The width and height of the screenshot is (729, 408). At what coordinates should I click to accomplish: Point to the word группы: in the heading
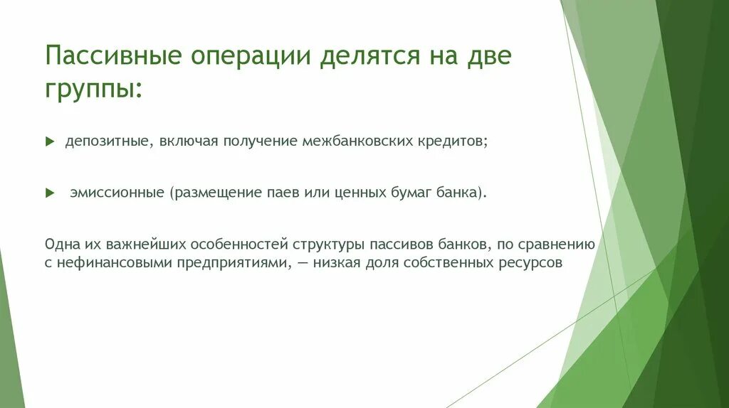point(93,91)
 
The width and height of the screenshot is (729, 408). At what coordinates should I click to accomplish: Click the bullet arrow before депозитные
point(49,142)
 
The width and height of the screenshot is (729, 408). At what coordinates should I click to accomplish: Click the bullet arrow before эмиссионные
point(49,193)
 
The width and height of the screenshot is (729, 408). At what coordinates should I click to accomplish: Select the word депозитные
point(106,141)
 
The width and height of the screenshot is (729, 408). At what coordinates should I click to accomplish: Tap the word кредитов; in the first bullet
point(453,141)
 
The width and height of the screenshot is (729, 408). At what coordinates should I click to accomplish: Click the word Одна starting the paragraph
point(61,245)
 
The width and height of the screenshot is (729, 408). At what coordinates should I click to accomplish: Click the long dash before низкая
point(303,262)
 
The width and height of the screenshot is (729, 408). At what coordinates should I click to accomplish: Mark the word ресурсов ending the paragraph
point(537,262)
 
